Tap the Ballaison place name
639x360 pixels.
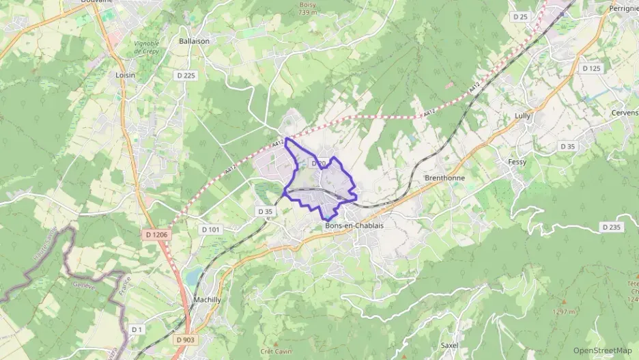coord(194,41)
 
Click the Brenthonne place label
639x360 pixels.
coord(445,178)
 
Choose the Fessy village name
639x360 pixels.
coord(517,162)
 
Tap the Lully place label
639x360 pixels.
coord(522,116)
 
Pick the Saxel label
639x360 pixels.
coord(450,346)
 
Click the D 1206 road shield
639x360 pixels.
coord(156,234)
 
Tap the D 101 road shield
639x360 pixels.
coord(211,230)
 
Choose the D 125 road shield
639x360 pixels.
coord(591,68)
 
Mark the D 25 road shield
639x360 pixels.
coord(521,16)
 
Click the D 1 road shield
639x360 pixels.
coord(137,330)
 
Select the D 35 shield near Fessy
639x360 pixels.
coord(567,146)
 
